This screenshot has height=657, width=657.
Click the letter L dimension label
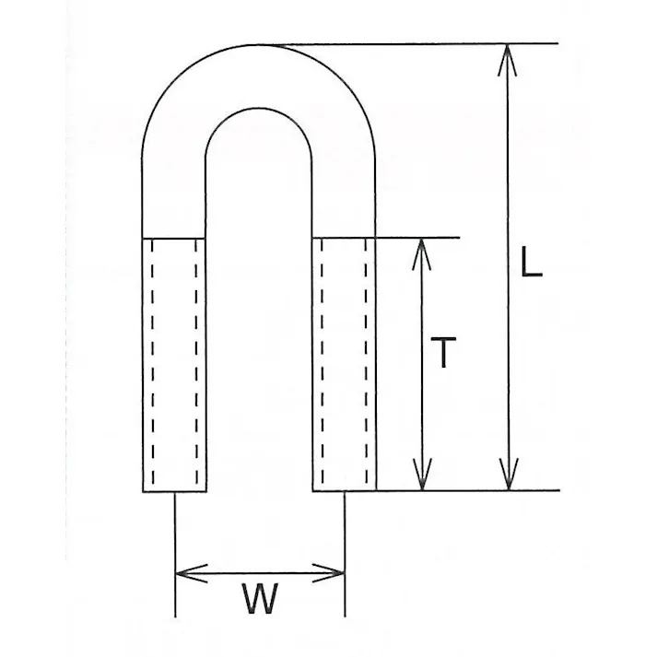tap(532, 262)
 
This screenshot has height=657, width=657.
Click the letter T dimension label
tap(443, 352)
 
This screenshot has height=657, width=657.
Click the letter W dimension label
tap(260, 598)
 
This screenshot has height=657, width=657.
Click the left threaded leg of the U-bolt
tap(174, 365)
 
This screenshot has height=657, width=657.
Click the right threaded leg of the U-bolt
tap(344, 365)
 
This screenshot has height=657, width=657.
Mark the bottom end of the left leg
tap(174, 491)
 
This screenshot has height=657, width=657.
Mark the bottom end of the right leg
tap(344, 490)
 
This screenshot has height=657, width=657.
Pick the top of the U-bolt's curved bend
tap(259, 44)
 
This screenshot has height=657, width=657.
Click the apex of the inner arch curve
tap(259, 108)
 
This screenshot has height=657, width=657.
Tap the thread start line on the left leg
tap(174, 239)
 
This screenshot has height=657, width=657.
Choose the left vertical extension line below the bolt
tap(175, 555)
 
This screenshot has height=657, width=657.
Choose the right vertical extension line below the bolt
tap(345, 554)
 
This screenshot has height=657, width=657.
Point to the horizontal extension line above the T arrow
tap(417, 238)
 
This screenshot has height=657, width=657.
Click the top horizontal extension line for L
tap(408, 43)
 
